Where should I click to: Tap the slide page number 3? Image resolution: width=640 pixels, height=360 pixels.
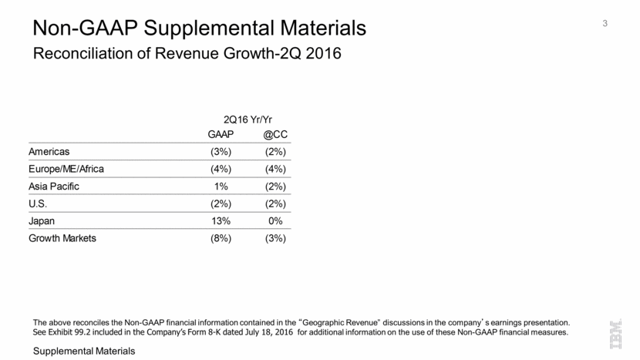pos(605,24)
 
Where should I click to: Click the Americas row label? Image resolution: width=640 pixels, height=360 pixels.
pos(50,152)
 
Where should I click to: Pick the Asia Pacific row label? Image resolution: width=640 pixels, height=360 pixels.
pos(54,187)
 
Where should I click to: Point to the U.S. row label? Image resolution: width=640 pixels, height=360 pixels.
pos(39,204)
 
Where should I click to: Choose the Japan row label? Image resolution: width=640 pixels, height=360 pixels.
pos(43,221)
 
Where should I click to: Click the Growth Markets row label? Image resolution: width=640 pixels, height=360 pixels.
pos(63,238)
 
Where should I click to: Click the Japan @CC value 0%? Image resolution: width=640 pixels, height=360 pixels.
pos(275,221)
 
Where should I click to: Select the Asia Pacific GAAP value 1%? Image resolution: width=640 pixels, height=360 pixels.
pos(221,187)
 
